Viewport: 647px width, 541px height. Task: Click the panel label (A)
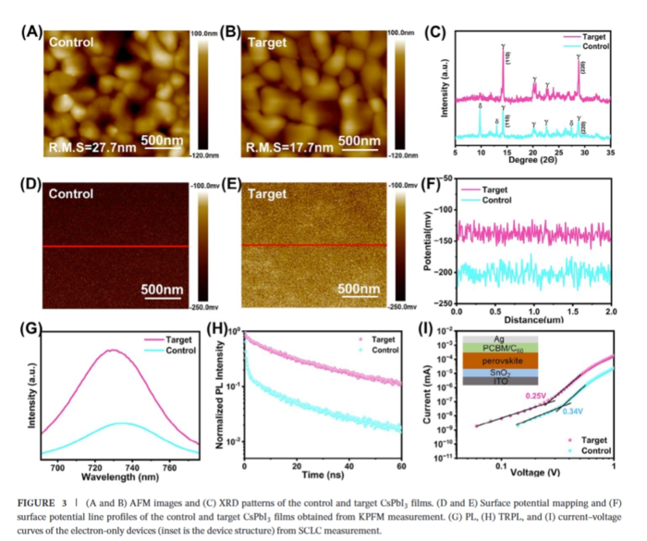click(31, 32)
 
